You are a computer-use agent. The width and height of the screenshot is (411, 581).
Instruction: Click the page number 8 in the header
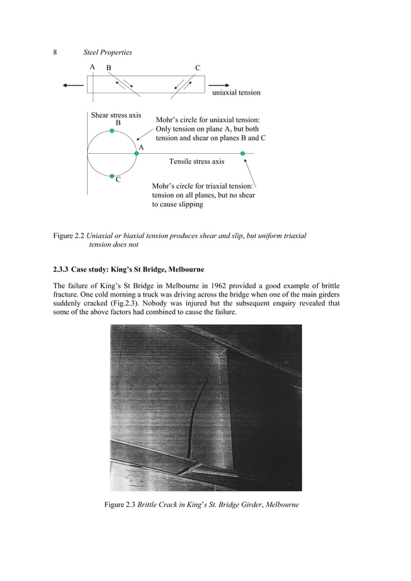click(55, 52)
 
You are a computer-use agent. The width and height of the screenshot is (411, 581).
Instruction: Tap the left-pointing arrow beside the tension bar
click(73, 85)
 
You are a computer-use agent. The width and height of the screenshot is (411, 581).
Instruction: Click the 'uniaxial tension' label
click(236, 93)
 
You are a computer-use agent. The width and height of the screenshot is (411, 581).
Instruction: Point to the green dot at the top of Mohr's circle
click(112, 131)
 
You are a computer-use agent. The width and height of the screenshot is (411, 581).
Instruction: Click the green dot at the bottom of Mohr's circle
click(112, 176)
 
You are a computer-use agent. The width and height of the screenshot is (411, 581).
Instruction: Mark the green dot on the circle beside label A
click(137, 153)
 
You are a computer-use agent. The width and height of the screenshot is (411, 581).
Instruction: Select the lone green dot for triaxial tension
click(243, 153)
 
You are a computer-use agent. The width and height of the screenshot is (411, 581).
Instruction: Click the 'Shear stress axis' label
click(116, 115)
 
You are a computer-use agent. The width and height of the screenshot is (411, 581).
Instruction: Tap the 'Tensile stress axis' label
click(196, 161)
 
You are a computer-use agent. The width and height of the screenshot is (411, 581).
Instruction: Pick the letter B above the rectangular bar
click(108, 68)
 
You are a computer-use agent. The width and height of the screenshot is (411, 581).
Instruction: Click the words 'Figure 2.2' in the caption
click(68, 236)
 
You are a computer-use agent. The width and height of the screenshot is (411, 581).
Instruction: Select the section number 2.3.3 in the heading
click(62, 268)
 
